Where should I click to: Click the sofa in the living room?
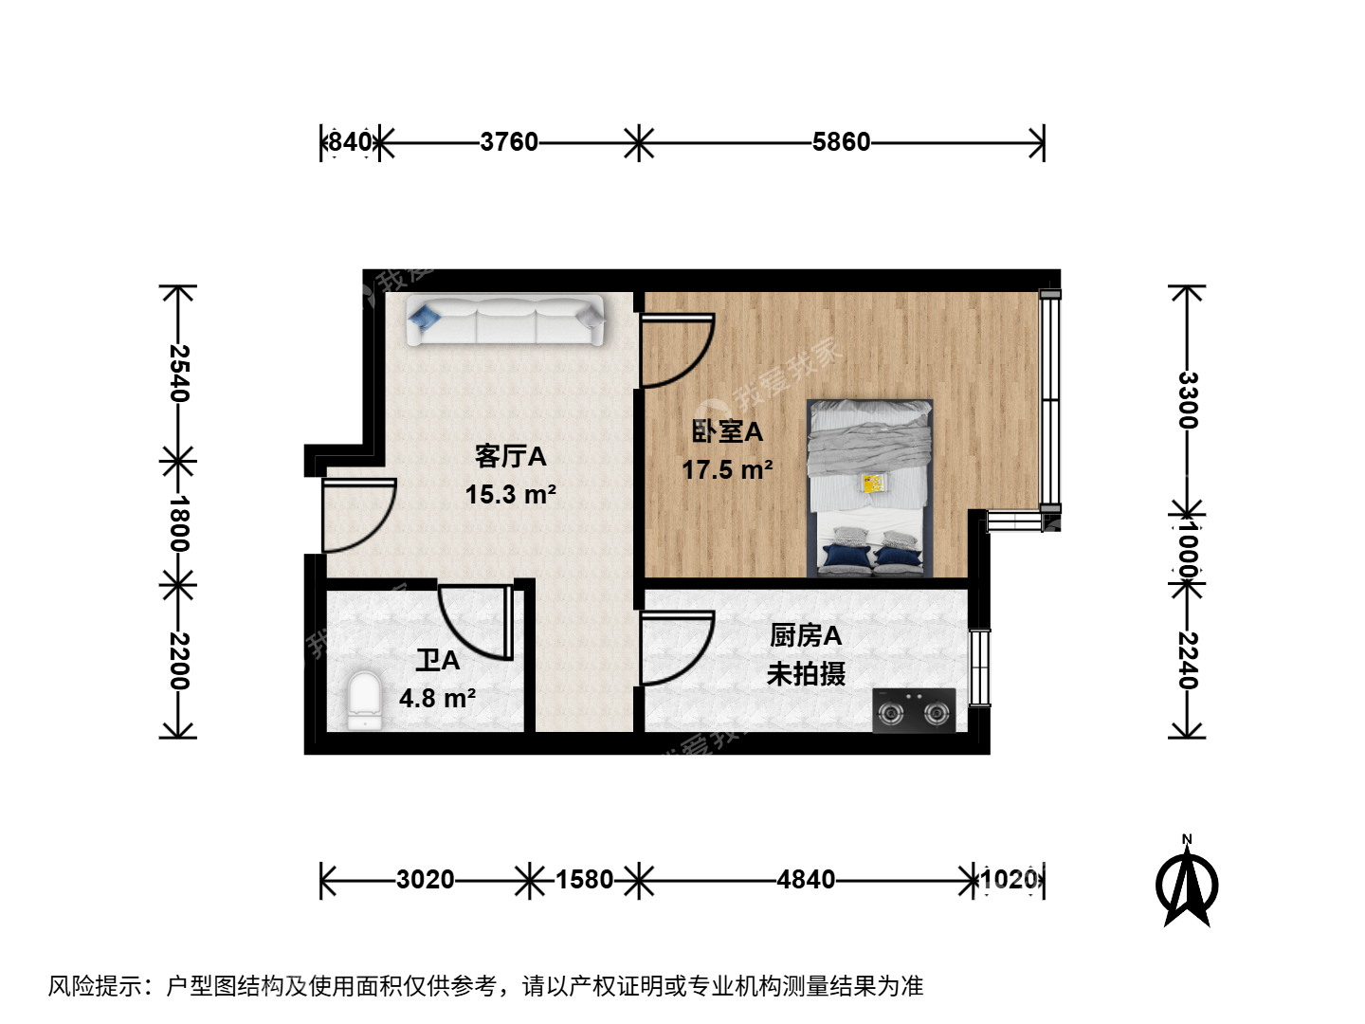click(x=504, y=320)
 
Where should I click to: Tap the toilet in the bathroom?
click(x=364, y=701)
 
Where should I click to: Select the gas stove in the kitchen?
click(x=914, y=711)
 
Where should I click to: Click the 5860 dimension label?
click(x=842, y=142)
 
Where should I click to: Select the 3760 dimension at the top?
click(x=509, y=142)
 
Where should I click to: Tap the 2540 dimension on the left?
click(x=179, y=373)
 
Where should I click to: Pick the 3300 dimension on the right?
click(x=1188, y=400)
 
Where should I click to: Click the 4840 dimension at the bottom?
click(x=806, y=880)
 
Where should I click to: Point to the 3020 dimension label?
click(x=426, y=880)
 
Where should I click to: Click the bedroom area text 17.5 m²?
click(x=728, y=470)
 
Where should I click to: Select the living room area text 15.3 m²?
click(x=511, y=495)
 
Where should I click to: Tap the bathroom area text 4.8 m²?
click(x=437, y=699)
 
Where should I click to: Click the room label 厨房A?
click(x=806, y=635)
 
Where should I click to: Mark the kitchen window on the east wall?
click(x=979, y=667)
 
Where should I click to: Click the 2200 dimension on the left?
click(x=179, y=661)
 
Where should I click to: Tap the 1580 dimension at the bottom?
click(x=585, y=880)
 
